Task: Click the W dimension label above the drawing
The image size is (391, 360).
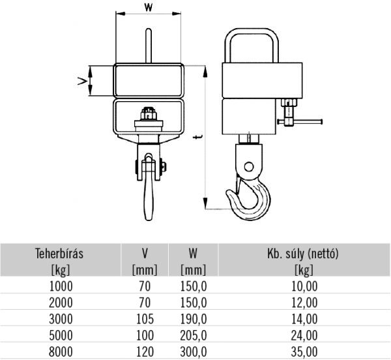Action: (x=150, y=8)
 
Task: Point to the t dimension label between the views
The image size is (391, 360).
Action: (x=196, y=137)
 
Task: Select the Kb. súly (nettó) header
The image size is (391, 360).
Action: (x=303, y=254)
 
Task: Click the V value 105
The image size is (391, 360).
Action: (x=145, y=319)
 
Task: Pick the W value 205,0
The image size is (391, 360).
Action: (x=194, y=336)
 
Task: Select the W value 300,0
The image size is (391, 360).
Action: (x=194, y=352)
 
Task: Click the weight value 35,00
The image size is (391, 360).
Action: (x=304, y=352)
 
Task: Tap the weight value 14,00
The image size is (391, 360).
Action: (x=304, y=319)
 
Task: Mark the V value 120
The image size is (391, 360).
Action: (x=145, y=352)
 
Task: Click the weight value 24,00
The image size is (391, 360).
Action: (x=304, y=336)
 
